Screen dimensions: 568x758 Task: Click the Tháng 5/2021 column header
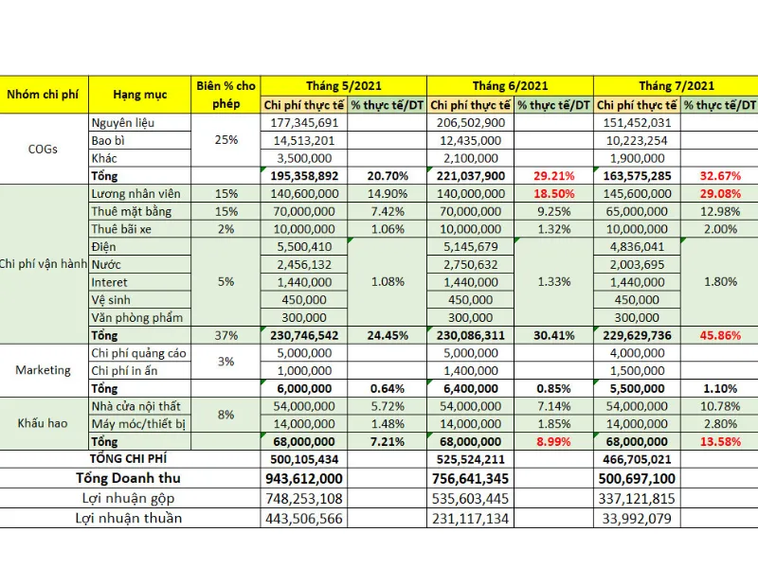[x=343, y=85]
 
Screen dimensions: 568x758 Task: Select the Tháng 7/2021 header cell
[x=677, y=85]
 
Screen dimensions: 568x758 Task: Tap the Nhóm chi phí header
[x=43, y=95]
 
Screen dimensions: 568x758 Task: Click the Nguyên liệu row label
[x=122, y=123]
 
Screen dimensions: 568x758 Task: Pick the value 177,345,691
[x=304, y=123]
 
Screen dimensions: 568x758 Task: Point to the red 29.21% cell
[x=554, y=175]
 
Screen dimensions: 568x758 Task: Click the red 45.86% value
[x=721, y=335]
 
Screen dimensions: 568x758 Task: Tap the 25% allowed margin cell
[x=226, y=140]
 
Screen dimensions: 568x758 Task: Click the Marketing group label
[x=43, y=370]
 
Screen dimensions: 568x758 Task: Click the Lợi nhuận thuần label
[x=130, y=518]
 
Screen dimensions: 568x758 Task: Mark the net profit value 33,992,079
[x=636, y=518]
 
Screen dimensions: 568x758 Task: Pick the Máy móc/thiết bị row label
[x=138, y=423]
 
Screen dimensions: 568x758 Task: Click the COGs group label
[x=43, y=149]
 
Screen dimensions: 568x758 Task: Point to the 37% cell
[x=226, y=335]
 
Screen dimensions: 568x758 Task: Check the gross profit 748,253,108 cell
[x=304, y=498]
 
